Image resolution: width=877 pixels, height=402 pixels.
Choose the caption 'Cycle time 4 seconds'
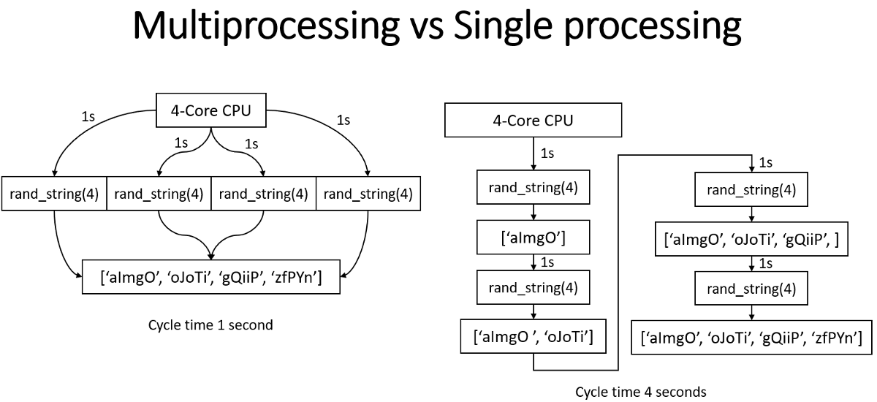tap(641, 392)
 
